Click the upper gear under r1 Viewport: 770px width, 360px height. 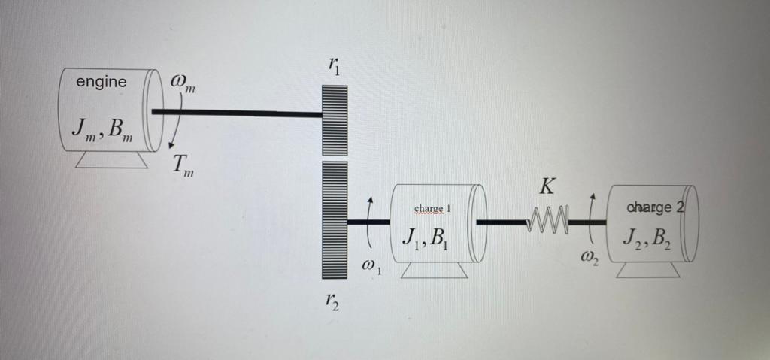pyautogui.click(x=334, y=120)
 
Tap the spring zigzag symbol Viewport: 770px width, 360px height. pyautogui.click(x=549, y=222)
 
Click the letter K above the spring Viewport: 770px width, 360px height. pyautogui.click(x=548, y=185)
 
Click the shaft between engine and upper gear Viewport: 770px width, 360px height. pyautogui.click(x=237, y=113)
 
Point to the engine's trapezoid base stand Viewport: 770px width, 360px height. pyautogui.click(x=111, y=159)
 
